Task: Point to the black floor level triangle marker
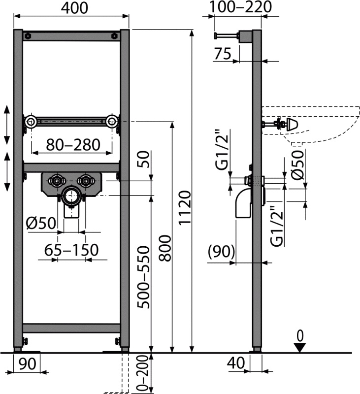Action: tap(300, 347)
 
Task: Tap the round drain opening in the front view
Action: tap(71, 196)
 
